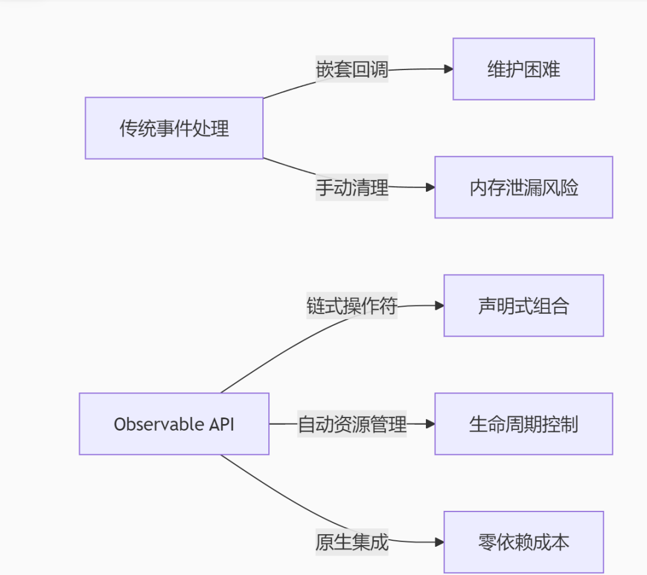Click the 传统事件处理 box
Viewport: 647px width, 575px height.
(x=174, y=128)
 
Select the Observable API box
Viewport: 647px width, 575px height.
(x=174, y=424)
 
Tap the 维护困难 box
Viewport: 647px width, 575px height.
(x=524, y=69)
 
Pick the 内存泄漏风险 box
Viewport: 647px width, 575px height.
(x=524, y=187)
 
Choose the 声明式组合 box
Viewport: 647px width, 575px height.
(x=524, y=305)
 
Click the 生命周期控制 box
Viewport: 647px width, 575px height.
(x=524, y=424)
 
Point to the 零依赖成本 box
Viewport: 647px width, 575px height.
(x=524, y=542)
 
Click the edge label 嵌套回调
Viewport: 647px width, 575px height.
(x=352, y=69)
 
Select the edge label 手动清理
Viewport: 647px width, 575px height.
(x=352, y=188)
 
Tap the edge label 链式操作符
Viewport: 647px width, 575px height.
(x=352, y=306)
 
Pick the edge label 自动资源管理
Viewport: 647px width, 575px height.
(x=352, y=424)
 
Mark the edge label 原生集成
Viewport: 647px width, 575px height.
(x=352, y=543)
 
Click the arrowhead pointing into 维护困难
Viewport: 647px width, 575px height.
(x=448, y=69)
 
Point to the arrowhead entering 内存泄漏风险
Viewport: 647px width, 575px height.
(x=430, y=187)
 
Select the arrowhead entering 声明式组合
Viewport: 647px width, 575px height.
(x=439, y=305)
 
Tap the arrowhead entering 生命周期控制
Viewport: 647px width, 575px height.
(x=430, y=424)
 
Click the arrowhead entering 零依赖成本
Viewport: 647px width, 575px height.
(x=439, y=542)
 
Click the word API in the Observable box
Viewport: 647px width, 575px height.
(x=221, y=424)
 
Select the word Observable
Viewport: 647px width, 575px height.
(x=159, y=424)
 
